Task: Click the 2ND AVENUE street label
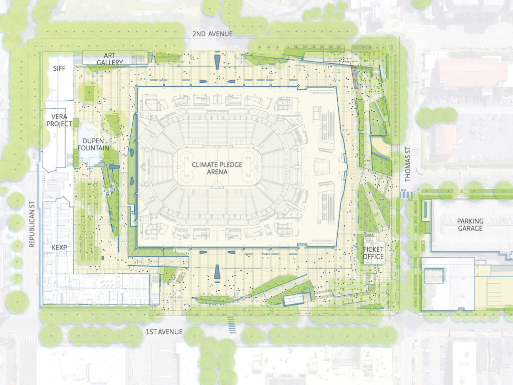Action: (213, 34)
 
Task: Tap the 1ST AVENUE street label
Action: (164, 332)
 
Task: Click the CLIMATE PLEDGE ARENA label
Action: (215, 168)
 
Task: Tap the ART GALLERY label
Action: (110, 59)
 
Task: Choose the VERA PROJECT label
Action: (59, 120)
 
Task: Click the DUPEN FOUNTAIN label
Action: (93, 144)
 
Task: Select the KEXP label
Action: (59, 248)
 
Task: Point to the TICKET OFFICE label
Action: (373, 253)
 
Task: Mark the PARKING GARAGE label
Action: (470, 225)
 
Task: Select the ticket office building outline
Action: (373, 249)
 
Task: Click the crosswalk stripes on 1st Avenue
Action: (231, 324)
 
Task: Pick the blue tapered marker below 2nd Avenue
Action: (217, 62)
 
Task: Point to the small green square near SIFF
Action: (89, 93)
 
